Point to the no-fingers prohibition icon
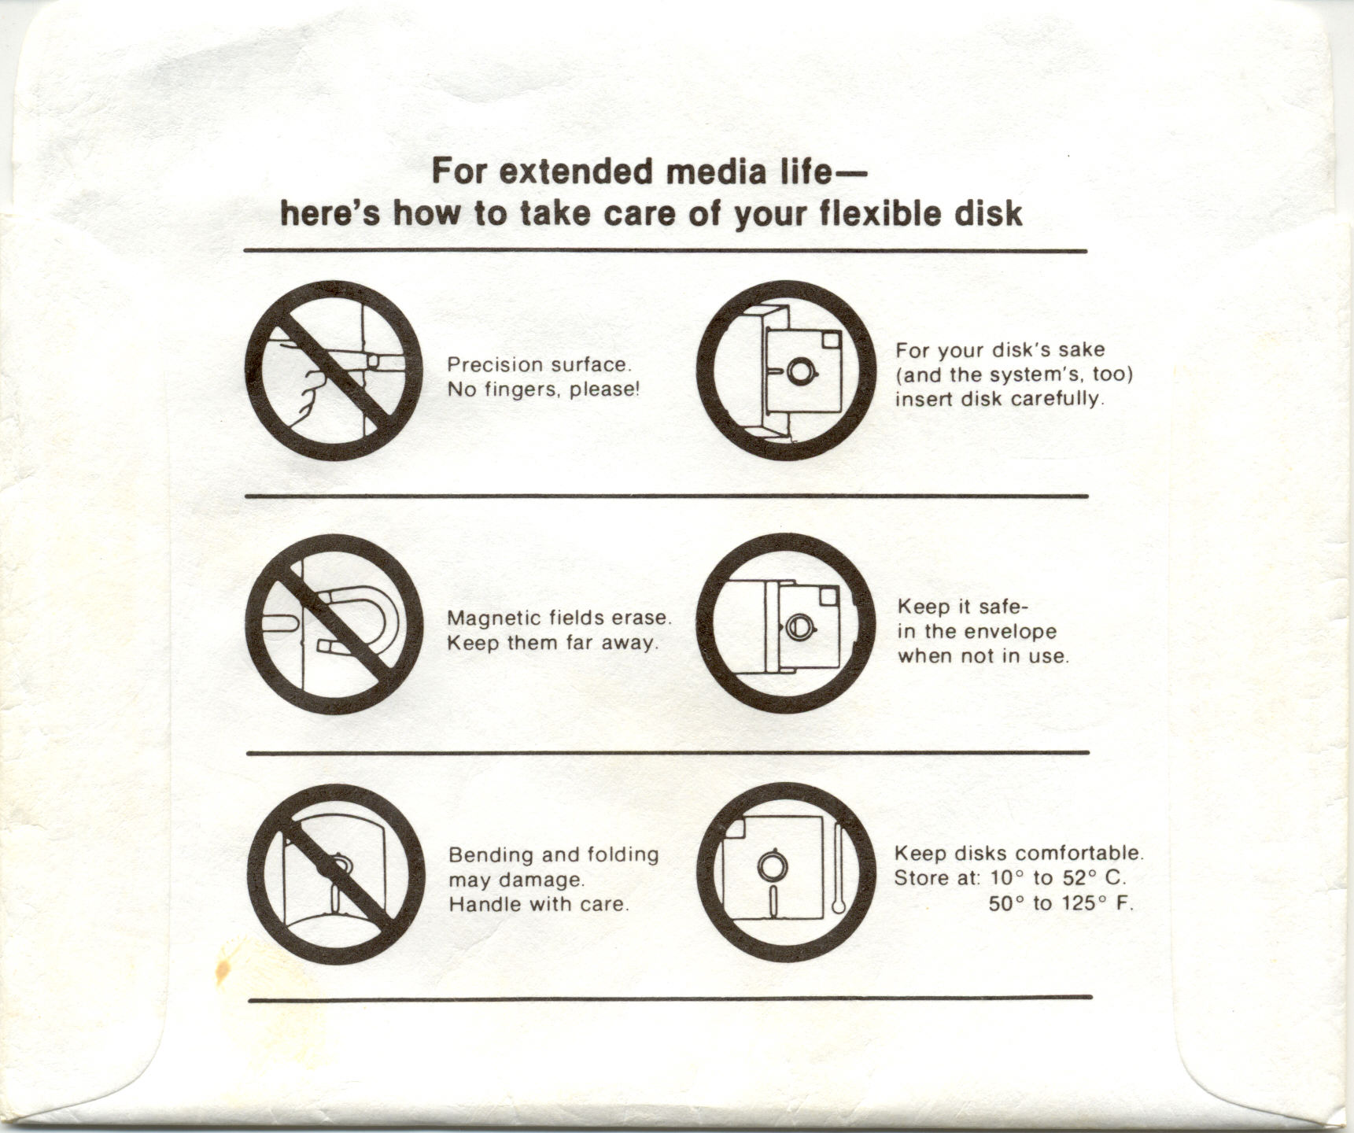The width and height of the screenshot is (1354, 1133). coord(334,371)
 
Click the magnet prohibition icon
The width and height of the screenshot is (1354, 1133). coord(334,624)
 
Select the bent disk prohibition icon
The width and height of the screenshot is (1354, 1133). coord(335,874)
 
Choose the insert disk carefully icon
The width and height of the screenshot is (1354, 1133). coord(787,371)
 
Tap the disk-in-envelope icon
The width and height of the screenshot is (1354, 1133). coord(787,624)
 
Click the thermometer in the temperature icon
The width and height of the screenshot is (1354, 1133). coord(838,869)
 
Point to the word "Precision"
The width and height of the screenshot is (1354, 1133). coord(494,364)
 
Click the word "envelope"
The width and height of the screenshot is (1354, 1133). coord(1011,632)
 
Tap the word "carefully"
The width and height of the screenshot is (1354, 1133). coord(1058,399)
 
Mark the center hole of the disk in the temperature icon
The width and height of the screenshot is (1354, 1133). coord(772,866)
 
